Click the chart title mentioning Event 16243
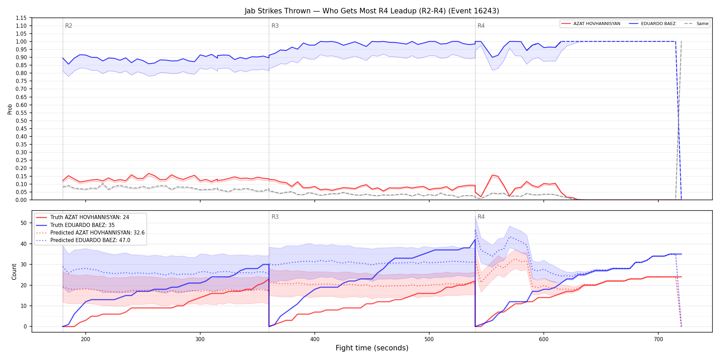tap(372, 11)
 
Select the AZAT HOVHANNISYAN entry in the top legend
tap(591, 24)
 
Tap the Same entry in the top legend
tap(696, 24)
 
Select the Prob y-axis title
tap(10, 109)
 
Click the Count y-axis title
tap(14, 272)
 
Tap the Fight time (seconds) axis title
tap(372, 348)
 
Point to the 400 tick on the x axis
tap(315, 339)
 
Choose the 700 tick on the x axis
tap(658, 339)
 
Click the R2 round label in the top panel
tap(69, 26)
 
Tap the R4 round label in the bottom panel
tap(481, 217)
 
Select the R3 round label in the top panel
tap(275, 26)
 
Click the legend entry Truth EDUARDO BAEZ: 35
tap(75, 225)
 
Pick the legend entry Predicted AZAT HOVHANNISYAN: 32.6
tap(90, 232)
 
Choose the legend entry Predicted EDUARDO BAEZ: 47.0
tap(83, 240)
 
